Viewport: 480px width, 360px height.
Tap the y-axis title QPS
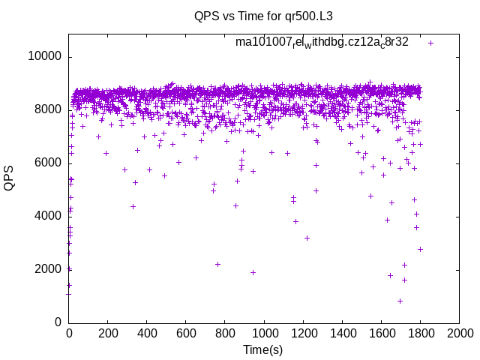point(9,178)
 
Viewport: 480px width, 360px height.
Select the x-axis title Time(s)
point(263,350)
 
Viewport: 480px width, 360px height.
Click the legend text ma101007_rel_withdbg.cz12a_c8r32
point(322,43)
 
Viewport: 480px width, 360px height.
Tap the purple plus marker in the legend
point(431,43)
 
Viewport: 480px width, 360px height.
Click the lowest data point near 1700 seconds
point(400,301)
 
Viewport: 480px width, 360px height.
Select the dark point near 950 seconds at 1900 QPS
point(253,272)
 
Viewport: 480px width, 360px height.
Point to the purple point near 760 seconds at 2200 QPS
point(217,264)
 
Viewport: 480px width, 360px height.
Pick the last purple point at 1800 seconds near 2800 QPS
point(420,249)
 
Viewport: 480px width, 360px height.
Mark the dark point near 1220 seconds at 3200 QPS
point(307,238)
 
